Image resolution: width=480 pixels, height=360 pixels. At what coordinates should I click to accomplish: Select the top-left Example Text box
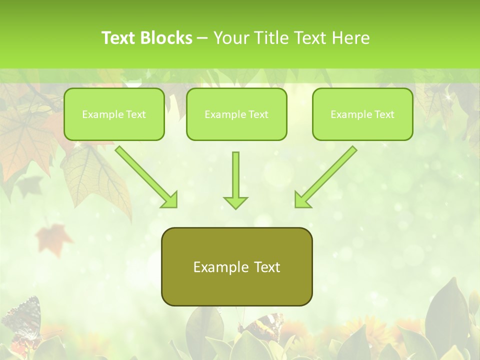pos(114,114)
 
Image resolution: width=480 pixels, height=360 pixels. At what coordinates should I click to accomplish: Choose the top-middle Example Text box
pos(236,114)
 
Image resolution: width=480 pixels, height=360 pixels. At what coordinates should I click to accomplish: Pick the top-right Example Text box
pos(362,114)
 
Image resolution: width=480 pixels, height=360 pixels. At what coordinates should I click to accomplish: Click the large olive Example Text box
pos(236,266)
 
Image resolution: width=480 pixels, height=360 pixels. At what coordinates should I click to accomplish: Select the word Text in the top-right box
pos(384,114)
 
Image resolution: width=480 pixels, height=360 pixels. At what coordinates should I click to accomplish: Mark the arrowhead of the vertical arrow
pos(235,202)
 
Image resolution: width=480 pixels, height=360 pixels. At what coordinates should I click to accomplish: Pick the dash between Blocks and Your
pos(202,38)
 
